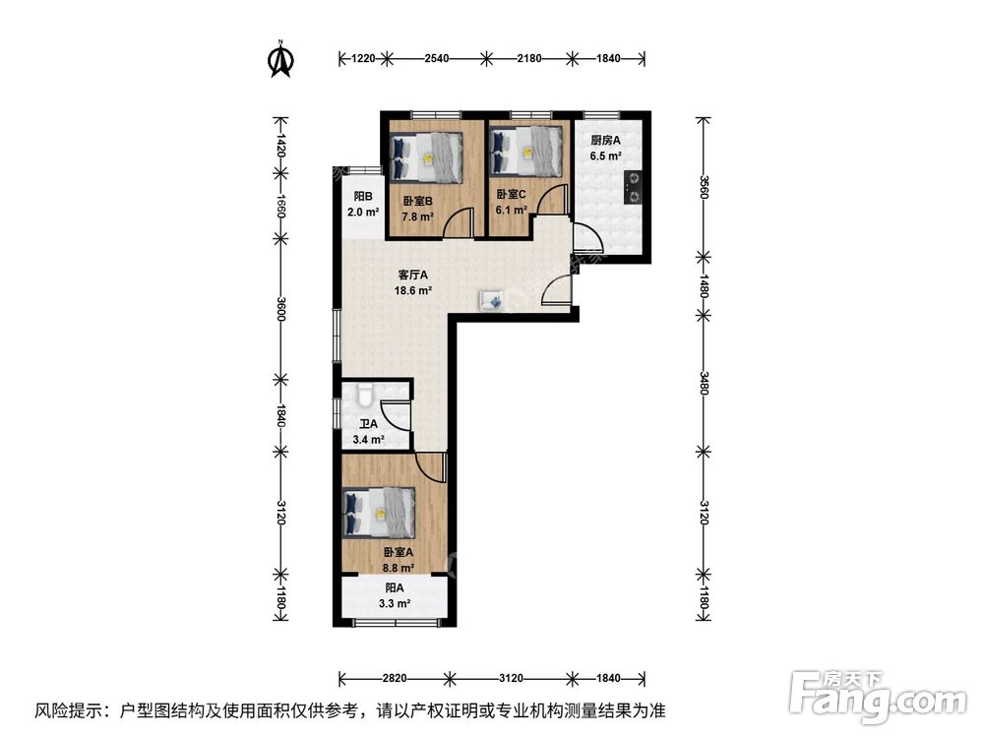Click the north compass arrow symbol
[281, 59]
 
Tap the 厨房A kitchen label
[605, 140]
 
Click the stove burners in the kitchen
[635, 187]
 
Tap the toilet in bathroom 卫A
[364, 396]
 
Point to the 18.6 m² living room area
[413, 290]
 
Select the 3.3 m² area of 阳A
[395, 603]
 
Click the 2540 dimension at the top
[437, 59]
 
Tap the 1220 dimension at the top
[364, 59]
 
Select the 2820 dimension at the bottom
[394, 678]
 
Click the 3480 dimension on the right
[702, 380]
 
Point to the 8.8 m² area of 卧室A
[399, 568]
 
